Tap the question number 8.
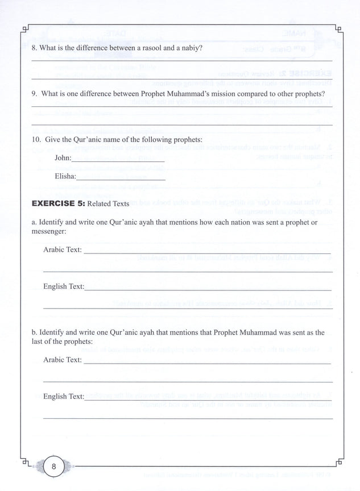click(x=34, y=48)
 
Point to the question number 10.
click(x=36, y=139)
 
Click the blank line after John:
click(x=118, y=161)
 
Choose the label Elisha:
click(x=65, y=176)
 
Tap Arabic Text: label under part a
click(x=62, y=249)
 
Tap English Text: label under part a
click(x=63, y=286)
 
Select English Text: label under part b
click(x=63, y=396)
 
